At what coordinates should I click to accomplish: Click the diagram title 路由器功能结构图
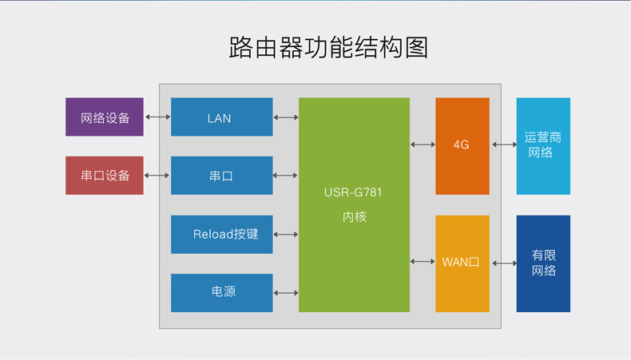click(x=328, y=47)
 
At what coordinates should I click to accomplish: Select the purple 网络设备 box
click(x=105, y=117)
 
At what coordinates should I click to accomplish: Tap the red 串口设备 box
click(x=105, y=175)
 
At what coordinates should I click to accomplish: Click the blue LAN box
click(x=221, y=117)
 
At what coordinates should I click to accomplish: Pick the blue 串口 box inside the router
click(x=221, y=176)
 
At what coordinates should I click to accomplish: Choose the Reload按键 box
click(x=221, y=235)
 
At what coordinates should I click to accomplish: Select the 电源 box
click(x=221, y=292)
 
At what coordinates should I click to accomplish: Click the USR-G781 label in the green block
click(x=354, y=192)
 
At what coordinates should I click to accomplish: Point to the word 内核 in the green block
click(x=354, y=216)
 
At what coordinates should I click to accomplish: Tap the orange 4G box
click(x=462, y=145)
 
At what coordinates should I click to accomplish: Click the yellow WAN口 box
click(x=462, y=263)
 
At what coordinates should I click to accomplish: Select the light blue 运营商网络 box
click(x=543, y=145)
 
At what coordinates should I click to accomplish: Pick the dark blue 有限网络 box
click(x=543, y=263)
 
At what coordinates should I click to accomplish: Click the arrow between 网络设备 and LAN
click(x=158, y=117)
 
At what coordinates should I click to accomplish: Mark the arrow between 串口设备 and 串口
click(x=158, y=176)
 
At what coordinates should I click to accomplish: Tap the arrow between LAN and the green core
click(x=286, y=117)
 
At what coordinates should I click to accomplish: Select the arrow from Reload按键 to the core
click(x=286, y=235)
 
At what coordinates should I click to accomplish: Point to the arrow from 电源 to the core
click(x=286, y=292)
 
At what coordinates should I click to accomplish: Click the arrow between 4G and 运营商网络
click(x=503, y=144)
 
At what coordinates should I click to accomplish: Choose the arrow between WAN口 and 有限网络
click(x=503, y=263)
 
